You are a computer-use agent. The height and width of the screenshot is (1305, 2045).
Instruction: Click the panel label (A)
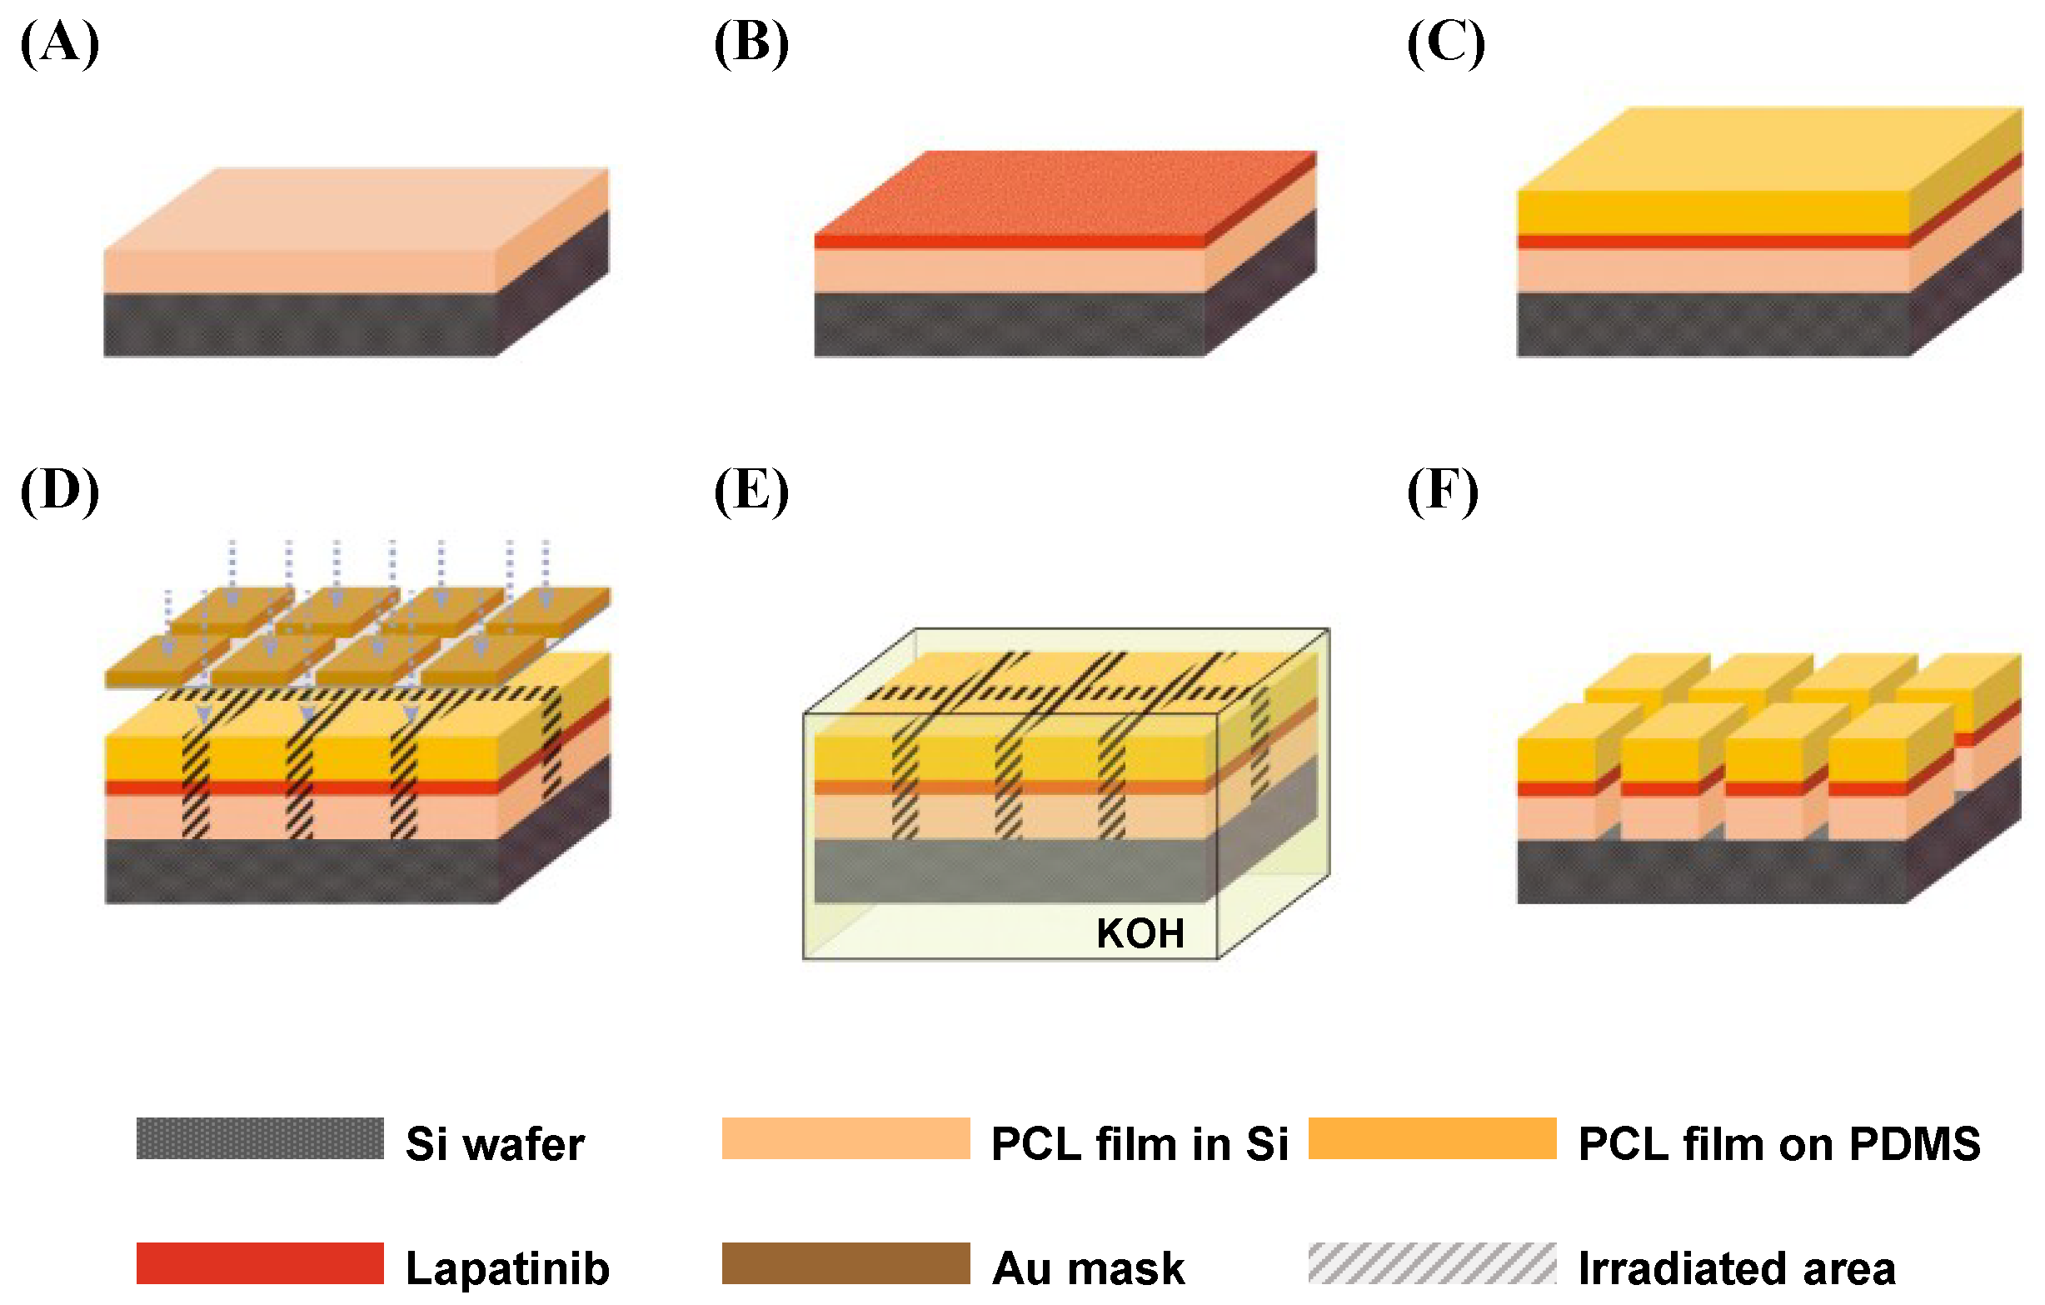[59, 44]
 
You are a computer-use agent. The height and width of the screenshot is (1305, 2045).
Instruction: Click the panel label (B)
[751, 44]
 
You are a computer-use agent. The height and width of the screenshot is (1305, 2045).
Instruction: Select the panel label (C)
[1445, 44]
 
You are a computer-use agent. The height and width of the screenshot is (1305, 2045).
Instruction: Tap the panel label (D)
[59, 491]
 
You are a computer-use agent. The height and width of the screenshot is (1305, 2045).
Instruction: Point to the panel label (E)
[751, 491]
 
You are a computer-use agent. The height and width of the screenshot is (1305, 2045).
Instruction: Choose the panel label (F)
[1442, 491]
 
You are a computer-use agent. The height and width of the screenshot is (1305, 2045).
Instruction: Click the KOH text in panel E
[1140, 933]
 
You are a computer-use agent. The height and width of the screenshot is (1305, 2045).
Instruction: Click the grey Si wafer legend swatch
[260, 1138]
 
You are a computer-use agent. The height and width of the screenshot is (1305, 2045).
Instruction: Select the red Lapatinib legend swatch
[260, 1263]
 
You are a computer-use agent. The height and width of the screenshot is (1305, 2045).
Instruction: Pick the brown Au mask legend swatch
[845, 1263]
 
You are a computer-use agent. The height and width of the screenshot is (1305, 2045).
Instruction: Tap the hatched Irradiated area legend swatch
[1432, 1263]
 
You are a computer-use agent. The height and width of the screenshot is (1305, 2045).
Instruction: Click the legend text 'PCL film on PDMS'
[1779, 1143]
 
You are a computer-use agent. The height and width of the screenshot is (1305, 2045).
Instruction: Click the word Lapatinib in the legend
[508, 1268]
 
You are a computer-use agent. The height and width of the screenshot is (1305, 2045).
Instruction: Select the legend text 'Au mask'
[1088, 1268]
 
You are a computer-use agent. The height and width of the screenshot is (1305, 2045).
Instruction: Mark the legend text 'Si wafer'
[495, 1143]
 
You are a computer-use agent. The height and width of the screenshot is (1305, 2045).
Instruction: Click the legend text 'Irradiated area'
[1737, 1268]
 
